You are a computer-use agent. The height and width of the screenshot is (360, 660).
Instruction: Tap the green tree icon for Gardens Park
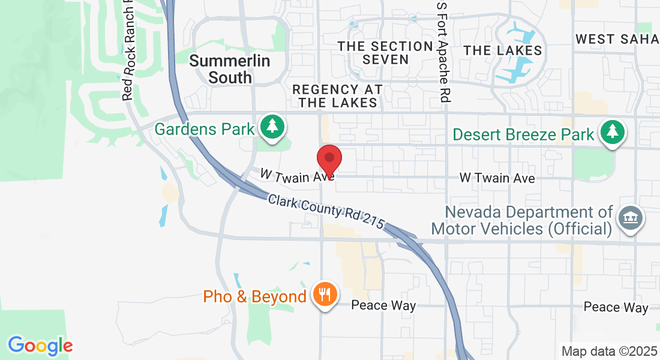pos(273,127)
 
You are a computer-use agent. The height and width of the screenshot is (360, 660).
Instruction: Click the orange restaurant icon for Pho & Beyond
pos(325,295)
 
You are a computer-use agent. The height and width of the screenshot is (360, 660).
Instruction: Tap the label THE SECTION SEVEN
pos(385,53)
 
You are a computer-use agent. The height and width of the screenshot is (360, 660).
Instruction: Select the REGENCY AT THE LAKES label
pos(338,96)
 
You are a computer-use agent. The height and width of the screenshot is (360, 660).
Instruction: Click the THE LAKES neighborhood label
pos(503,50)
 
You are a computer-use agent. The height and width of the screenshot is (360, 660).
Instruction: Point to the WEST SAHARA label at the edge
pos(617,40)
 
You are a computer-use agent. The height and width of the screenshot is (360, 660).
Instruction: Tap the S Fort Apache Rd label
pos(442,51)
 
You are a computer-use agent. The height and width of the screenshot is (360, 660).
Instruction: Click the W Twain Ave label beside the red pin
pos(296,175)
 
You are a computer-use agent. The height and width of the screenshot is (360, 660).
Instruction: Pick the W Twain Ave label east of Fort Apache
pos(497,178)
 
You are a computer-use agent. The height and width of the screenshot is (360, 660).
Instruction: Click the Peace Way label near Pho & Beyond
pos(383,305)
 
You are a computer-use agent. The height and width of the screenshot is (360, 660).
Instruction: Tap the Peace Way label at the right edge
pos(616,308)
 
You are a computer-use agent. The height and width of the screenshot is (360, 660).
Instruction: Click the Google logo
pos(40,346)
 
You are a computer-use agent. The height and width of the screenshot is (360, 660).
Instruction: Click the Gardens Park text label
pos(205,129)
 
